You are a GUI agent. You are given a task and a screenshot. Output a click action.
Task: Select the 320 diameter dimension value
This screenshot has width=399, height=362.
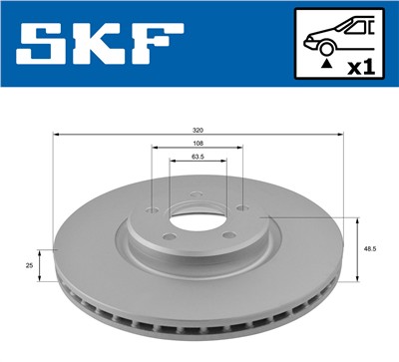[x=199, y=129]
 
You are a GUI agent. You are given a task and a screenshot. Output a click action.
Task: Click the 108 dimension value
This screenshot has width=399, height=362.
[x=198, y=144]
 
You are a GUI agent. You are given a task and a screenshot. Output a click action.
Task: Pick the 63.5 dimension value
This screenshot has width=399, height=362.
[x=198, y=158]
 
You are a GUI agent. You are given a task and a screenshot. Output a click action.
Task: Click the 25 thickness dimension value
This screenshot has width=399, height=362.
[x=30, y=266]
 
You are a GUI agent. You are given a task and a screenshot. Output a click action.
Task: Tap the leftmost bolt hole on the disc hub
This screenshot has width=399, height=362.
[x=151, y=209]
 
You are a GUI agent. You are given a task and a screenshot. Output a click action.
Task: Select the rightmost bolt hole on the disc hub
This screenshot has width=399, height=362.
[x=242, y=208]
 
